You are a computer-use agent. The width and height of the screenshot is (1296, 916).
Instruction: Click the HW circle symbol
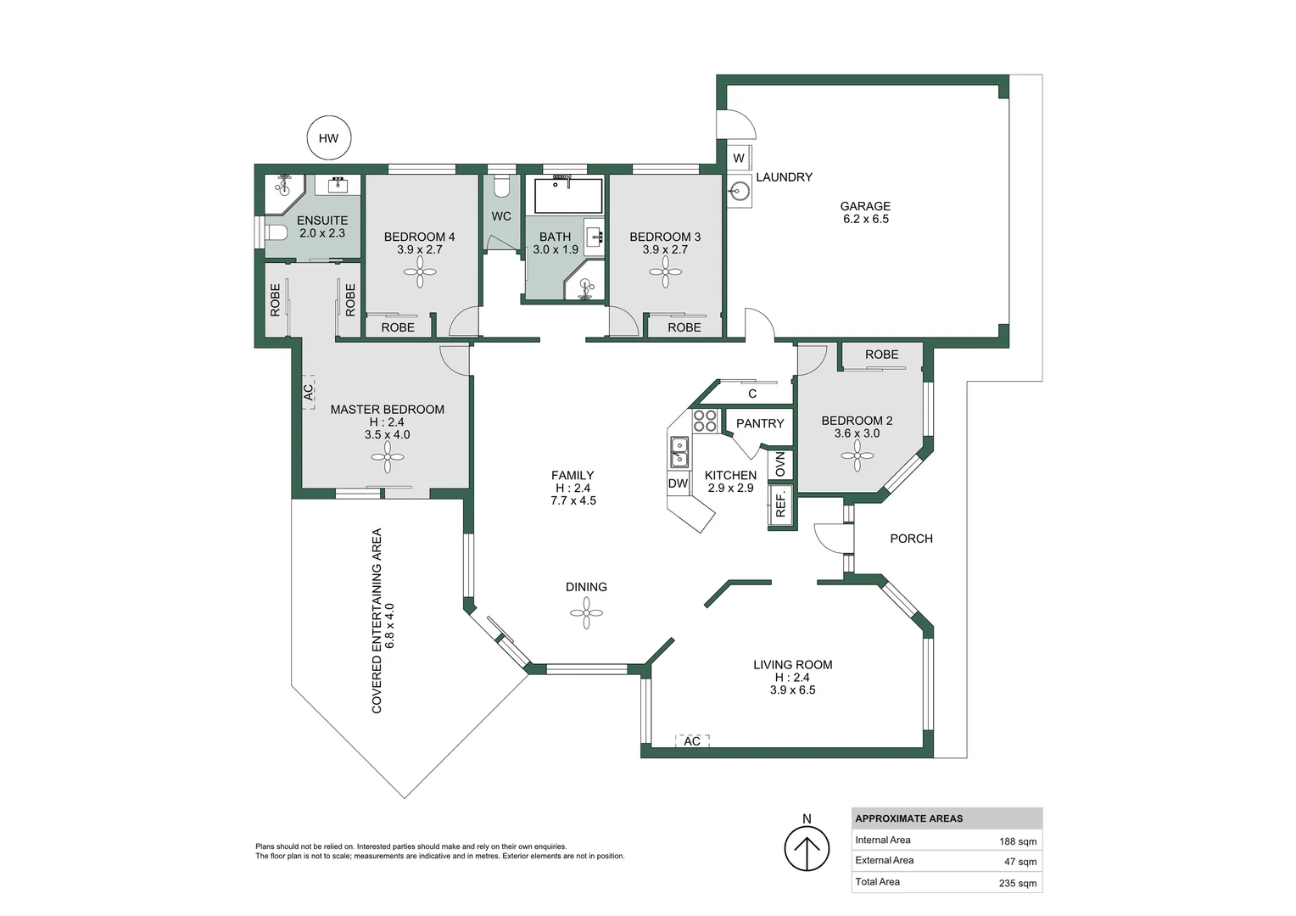tap(328, 138)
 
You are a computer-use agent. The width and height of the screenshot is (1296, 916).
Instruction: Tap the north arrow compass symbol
tap(806, 848)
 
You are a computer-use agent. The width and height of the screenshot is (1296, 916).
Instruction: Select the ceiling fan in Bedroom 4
tap(420, 272)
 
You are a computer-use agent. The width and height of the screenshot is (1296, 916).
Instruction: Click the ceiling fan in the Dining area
tap(586, 612)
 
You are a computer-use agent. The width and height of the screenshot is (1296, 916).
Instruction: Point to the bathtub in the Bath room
tap(567, 196)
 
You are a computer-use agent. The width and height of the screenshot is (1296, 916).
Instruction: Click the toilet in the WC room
tap(501, 187)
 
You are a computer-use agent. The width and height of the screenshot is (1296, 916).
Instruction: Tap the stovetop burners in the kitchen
tap(705, 421)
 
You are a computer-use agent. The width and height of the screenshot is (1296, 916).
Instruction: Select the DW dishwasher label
tap(678, 483)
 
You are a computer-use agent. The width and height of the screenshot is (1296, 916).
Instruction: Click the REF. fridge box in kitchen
tap(781, 505)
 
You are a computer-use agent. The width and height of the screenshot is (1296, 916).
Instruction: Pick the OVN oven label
tap(780, 464)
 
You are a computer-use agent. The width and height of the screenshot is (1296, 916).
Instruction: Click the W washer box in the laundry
tap(739, 158)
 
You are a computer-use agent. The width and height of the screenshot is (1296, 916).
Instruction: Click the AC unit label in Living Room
tap(692, 741)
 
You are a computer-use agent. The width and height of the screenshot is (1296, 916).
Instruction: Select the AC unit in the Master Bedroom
tap(308, 392)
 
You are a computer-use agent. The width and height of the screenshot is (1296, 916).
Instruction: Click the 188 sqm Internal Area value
tap(1017, 841)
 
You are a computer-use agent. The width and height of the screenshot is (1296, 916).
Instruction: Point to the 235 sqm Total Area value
tap(1017, 883)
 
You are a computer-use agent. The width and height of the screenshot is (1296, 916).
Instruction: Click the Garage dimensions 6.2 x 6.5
tap(865, 219)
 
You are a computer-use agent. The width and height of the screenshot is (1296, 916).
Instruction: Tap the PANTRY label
tap(760, 423)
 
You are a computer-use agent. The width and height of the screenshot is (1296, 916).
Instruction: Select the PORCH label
tap(911, 539)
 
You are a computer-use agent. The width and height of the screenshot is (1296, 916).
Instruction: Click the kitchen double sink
tap(679, 451)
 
